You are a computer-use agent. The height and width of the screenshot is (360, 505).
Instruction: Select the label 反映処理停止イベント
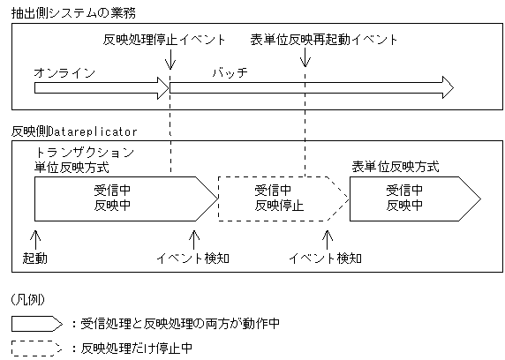164,40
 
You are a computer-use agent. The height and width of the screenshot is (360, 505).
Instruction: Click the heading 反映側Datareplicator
74,130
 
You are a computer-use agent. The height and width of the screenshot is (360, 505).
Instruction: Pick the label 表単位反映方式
395,165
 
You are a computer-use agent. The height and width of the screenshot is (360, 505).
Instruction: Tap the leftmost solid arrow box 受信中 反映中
113,199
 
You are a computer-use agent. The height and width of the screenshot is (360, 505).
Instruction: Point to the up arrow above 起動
35,238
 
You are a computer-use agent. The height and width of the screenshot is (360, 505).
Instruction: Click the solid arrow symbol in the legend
36,324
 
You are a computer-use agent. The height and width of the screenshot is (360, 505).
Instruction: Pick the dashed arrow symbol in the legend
36,348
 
